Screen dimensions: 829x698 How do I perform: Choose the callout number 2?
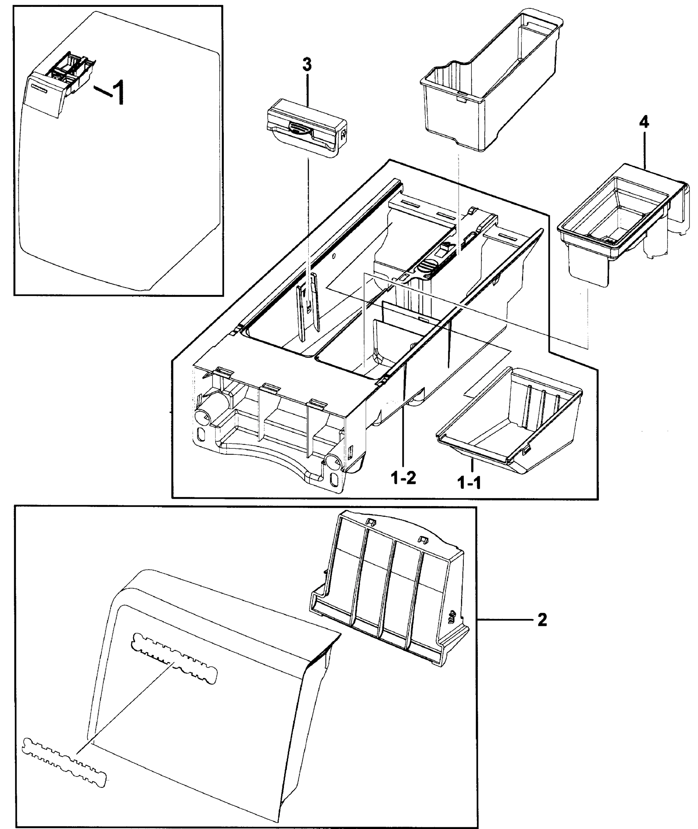coord(542,620)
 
